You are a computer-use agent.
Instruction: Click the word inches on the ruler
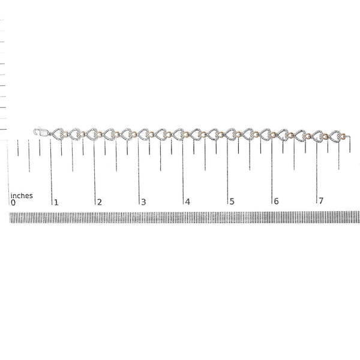pyautogui.click(x=22, y=196)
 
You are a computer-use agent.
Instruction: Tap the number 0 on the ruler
pyautogui.click(x=13, y=203)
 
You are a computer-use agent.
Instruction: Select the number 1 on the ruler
pyautogui.click(x=56, y=203)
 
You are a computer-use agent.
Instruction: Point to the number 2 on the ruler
pyautogui.click(x=99, y=202)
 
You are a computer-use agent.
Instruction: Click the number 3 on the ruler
pyautogui.click(x=143, y=202)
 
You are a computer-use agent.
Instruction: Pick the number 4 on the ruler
pyautogui.click(x=188, y=202)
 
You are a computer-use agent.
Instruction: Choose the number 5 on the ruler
pyautogui.click(x=232, y=202)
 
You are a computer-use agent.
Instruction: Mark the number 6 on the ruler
pyautogui.click(x=276, y=201)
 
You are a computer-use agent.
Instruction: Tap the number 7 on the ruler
pyautogui.click(x=321, y=201)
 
